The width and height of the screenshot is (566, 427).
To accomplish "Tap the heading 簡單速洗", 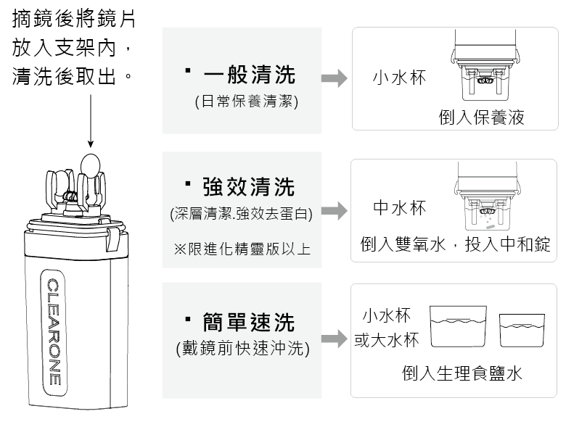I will pos(249,322).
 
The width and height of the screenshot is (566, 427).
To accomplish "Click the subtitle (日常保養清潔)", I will pos(247,102).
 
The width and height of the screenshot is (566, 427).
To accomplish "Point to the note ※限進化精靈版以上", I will pos(242,249).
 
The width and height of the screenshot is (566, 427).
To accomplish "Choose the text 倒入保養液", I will pos(481,117).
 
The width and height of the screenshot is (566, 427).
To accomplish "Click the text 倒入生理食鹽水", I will pos(462,373).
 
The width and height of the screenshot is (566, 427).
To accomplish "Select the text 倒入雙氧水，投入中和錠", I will pos(456,244).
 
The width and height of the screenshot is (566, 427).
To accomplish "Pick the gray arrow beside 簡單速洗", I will pos(334,339).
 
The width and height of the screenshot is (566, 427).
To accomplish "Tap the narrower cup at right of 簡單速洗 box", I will pos(522,330).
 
